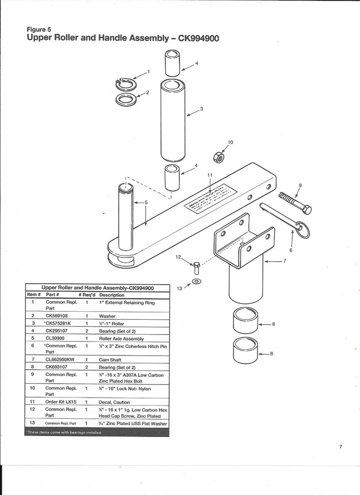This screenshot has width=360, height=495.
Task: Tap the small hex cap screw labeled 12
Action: point(196,267)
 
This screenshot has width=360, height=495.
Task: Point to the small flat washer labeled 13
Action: point(197,282)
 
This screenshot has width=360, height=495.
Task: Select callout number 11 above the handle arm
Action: point(209,175)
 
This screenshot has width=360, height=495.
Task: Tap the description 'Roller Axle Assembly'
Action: point(121,339)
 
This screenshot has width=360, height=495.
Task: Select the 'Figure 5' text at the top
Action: point(39,29)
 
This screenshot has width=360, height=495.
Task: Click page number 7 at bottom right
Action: point(341,446)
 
